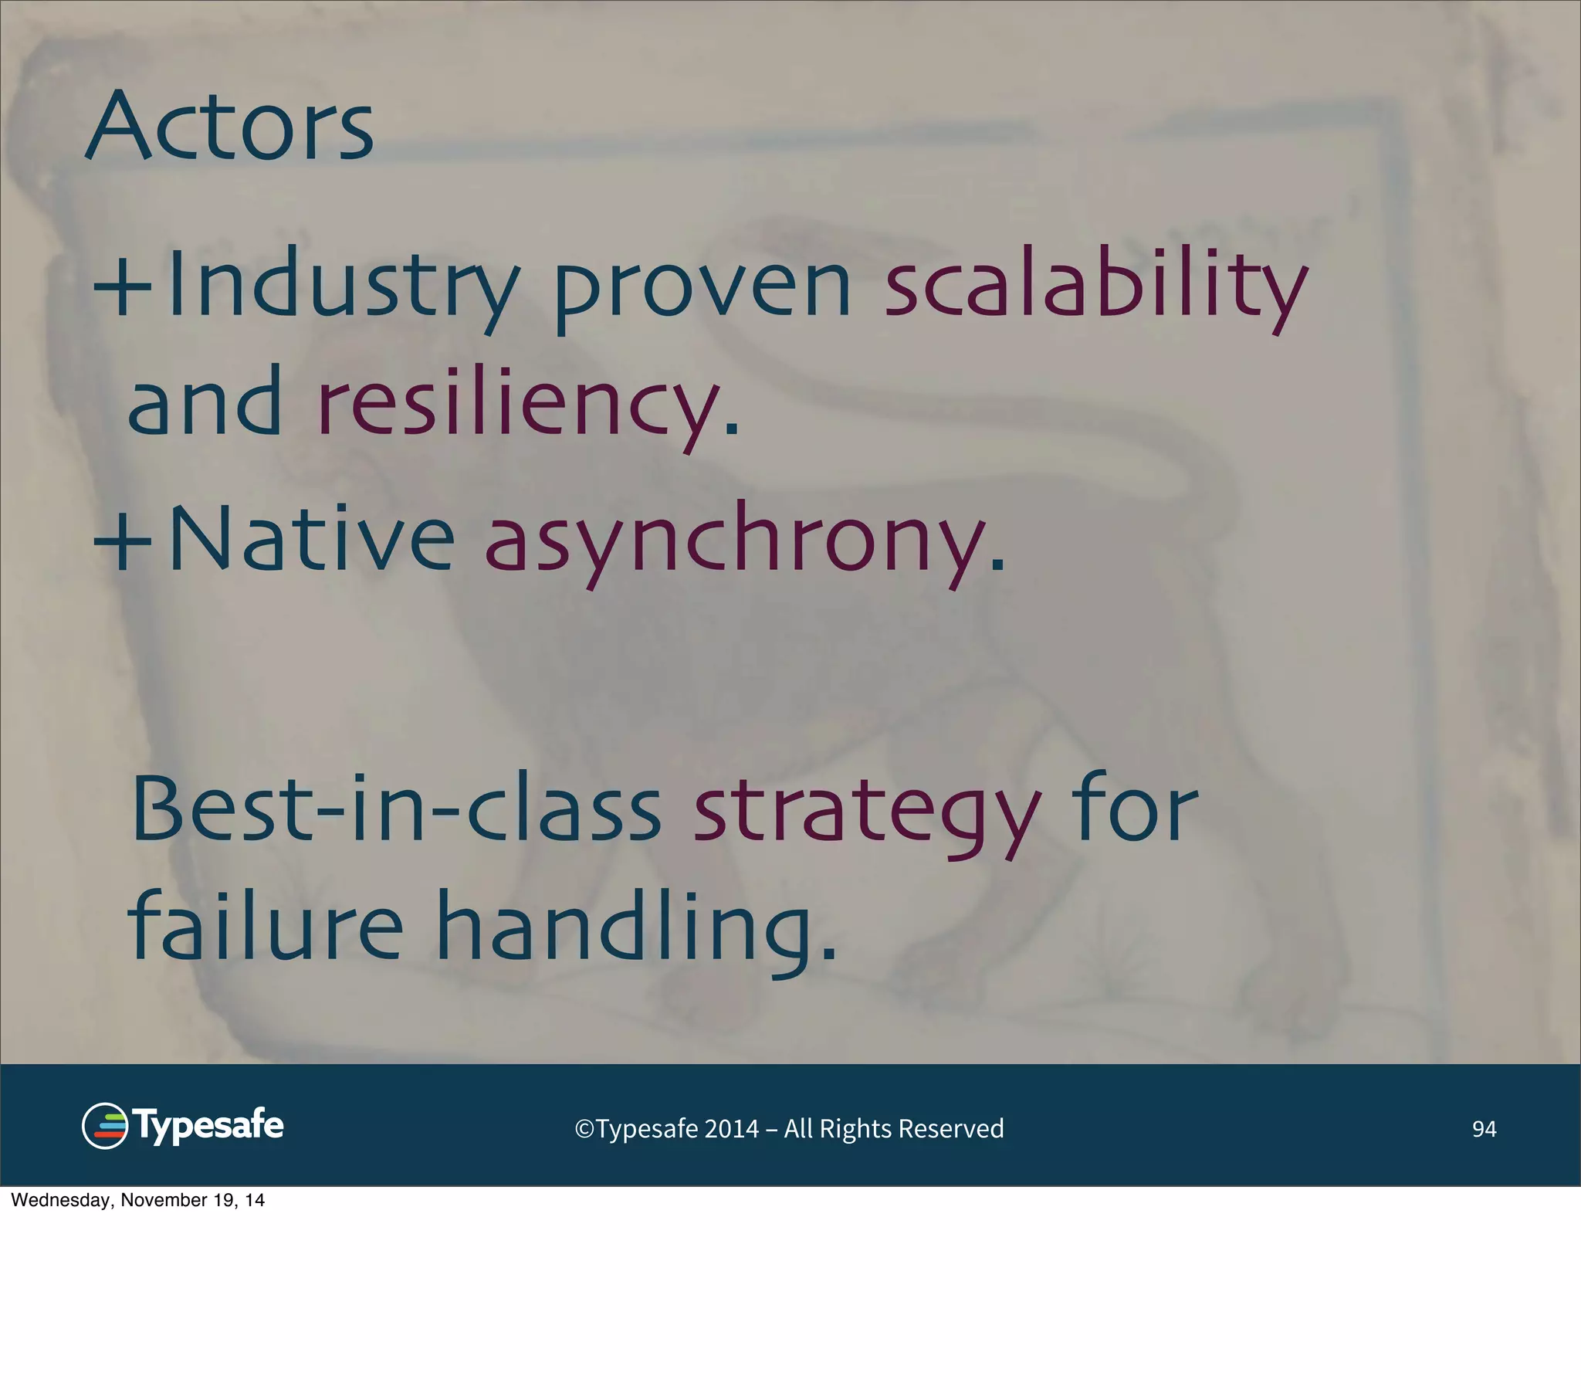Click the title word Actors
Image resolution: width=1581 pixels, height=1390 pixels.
pos(230,125)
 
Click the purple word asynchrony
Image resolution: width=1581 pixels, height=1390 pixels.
pos(744,541)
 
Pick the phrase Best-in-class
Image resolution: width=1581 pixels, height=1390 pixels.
pos(396,809)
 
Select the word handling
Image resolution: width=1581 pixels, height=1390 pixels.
pos(636,927)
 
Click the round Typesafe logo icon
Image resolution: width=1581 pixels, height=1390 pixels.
pos(104,1126)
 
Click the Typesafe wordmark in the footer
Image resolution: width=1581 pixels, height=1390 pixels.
pos(209,1124)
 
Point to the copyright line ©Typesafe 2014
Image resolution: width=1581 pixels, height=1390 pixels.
pos(789,1128)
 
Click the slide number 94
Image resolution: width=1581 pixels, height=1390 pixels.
pos(1484,1129)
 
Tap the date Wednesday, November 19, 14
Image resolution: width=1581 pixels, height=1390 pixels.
pos(137,1200)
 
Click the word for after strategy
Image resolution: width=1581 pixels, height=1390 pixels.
pos(1135,809)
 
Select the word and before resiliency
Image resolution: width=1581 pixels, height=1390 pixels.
pos(205,402)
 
